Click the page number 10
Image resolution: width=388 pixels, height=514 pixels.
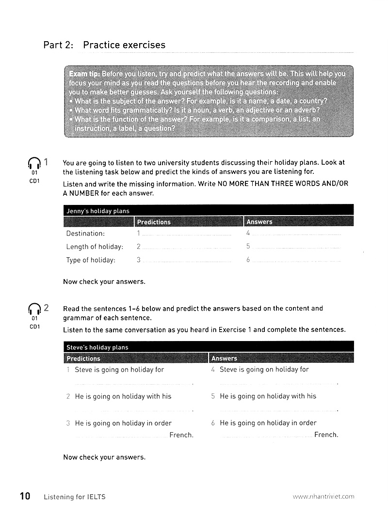pyautogui.click(x=25, y=496)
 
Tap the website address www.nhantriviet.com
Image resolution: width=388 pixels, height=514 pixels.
pyautogui.click(x=323, y=496)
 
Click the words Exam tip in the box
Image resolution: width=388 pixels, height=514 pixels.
pyautogui.click(x=84, y=74)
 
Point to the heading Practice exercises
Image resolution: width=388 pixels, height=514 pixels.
pyautogui.click(x=124, y=45)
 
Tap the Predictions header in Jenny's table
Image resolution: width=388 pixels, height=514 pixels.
pyautogui.click(x=154, y=222)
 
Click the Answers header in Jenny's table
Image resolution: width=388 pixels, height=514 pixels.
pyautogui.click(x=259, y=222)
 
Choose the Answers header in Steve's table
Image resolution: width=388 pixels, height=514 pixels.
pyautogui.click(x=224, y=358)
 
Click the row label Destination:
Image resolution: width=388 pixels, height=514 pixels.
pyautogui.click(x=85, y=234)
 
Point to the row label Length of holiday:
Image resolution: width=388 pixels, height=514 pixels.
pyautogui.click(x=95, y=247)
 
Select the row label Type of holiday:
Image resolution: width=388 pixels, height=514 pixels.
pyautogui.click(x=91, y=260)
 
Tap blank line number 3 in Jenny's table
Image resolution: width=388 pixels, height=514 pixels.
pyautogui.click(x=187, y=262)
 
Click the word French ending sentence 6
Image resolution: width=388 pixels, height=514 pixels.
pyautogui.click(x=326, y=435)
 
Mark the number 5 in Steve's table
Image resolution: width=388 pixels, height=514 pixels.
pyautogui.click(x=213, y=396)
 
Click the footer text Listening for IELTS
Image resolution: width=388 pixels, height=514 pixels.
pyautogui.click(x=75, y=497)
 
